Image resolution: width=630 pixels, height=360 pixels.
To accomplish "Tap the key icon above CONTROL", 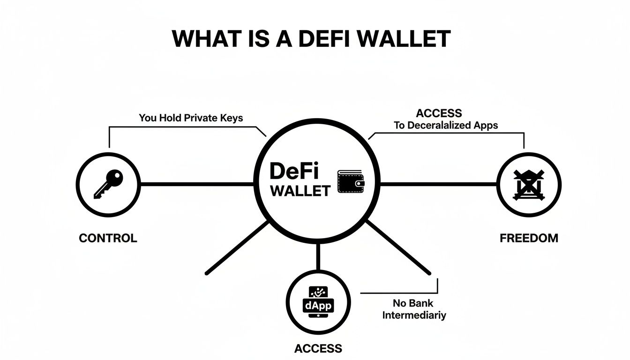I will (108, 184).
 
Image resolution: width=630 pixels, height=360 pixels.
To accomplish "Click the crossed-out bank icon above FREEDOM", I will (528, 184).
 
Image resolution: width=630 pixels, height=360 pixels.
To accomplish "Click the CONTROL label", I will (108, 238).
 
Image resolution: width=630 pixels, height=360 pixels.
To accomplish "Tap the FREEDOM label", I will (529, 238).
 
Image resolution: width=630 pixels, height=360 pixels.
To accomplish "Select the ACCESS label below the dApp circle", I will (318, 348).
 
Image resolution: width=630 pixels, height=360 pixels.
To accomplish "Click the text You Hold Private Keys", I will (191, 118).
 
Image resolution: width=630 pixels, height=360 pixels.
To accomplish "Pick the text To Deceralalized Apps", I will (446, 125).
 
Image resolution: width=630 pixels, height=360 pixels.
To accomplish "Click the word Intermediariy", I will (414, 315).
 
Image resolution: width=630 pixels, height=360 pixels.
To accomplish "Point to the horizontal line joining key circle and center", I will (197, 184).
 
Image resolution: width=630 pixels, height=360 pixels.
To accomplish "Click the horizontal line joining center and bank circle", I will (438, 184).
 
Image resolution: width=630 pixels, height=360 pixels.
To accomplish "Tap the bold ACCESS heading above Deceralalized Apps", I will (439, 113).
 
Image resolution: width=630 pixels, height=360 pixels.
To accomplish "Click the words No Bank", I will (414, 303).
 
